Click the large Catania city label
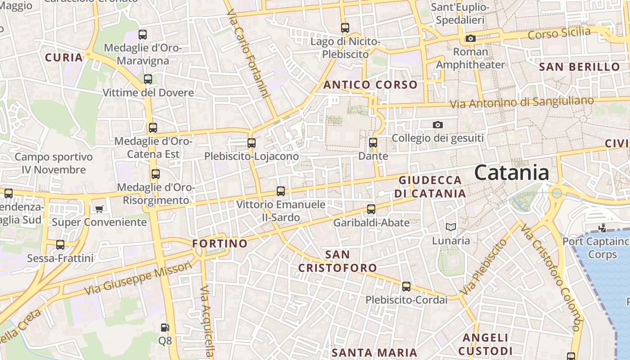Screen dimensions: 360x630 [512, 173]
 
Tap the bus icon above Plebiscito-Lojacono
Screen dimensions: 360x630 [252, 143]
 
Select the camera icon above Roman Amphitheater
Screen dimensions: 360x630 [471, 39]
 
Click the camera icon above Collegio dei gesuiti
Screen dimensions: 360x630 [437, 125]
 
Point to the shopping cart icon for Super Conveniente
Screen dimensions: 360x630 [99, 209]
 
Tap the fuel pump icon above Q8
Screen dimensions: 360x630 [165, 328]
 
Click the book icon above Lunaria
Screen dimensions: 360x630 [451, 227]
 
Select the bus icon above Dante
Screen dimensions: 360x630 [373, 143]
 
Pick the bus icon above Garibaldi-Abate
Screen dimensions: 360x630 [371, 209]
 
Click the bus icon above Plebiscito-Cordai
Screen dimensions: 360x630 [406, 287]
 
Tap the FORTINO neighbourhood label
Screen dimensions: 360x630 [220, 243]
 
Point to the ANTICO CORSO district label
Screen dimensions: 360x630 [370, 85]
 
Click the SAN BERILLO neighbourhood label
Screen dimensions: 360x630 [580, 67]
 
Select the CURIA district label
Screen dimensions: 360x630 [64, 58]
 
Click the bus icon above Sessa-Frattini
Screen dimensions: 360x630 [60, 245]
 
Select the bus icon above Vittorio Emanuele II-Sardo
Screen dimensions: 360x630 [281, 191]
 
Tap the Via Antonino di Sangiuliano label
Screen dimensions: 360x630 [522, 102]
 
